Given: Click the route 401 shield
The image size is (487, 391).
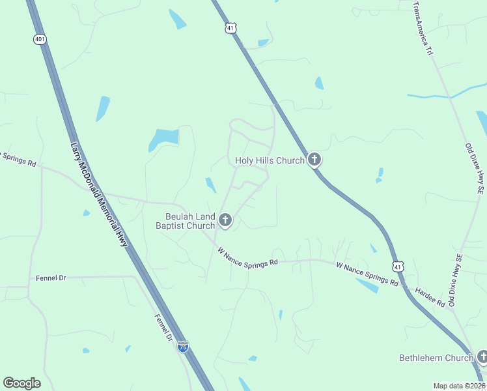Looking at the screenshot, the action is pos(40,39).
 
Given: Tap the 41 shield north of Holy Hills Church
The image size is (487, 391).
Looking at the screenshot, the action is pos(230,28).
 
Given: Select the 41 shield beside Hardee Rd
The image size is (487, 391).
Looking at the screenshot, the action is pos(398,267).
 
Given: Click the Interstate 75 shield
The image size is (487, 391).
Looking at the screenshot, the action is pos(183,347).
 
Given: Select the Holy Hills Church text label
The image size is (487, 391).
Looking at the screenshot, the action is pos(270,160).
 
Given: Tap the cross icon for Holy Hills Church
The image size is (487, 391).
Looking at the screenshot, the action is pos(314,159).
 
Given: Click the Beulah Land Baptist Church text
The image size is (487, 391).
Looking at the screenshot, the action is pos(186,222).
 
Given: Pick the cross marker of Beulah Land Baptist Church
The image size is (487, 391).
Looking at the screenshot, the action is pos(225,220).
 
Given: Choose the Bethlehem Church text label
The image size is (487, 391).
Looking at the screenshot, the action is pos(436,358).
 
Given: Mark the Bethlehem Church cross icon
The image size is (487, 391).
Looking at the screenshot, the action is pos(482,356).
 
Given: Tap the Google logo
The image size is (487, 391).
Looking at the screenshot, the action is pos(21,383).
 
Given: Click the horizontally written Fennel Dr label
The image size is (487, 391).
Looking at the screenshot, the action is pos(49,278).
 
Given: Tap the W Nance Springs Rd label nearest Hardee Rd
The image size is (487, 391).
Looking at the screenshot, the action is pos(367,274).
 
